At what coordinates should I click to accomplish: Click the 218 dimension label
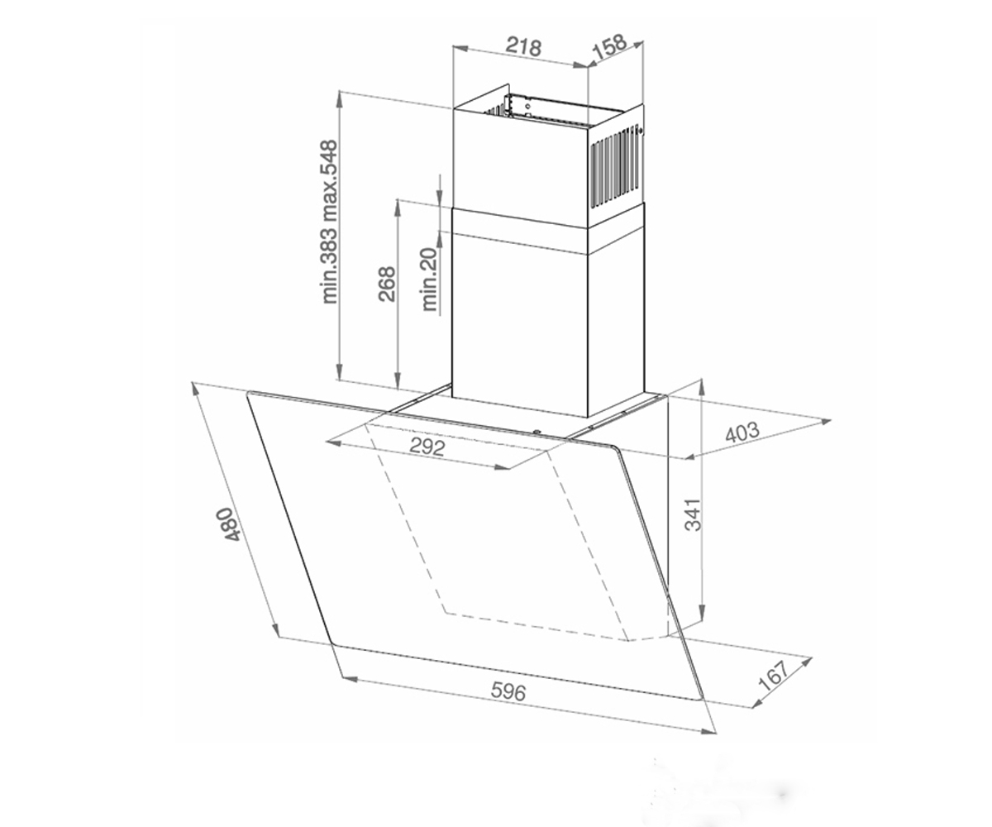(523, 46)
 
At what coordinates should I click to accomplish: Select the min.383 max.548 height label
(329, 222)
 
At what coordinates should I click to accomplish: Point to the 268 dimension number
(386, 284)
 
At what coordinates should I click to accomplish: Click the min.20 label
(429, 280)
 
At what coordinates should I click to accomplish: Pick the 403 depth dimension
(742, 432)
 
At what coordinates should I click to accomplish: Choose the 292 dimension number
(427, 447)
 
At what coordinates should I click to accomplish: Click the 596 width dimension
(509, 691)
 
